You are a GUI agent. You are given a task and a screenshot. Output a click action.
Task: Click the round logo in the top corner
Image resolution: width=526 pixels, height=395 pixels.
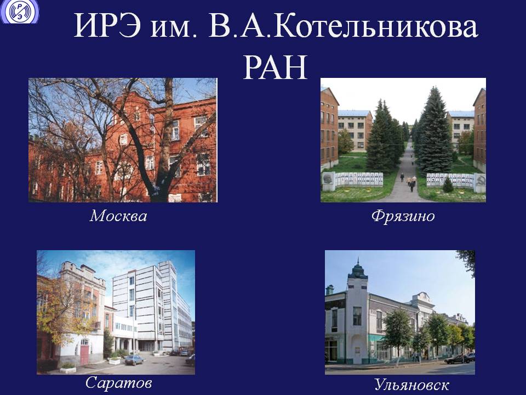pos(20,11)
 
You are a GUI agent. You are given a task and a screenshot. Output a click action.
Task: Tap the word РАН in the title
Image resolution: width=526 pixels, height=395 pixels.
pos(275,67)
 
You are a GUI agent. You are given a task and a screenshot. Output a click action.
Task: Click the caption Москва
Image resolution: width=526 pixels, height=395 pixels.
pos(118,216)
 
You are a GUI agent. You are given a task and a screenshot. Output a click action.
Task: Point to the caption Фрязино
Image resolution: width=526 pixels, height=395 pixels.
pos(403,216)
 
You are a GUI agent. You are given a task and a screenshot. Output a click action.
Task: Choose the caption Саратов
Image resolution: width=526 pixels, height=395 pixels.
pos(118,382)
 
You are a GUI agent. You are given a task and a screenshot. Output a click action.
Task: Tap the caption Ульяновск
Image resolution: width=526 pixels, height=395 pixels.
pos(411,385)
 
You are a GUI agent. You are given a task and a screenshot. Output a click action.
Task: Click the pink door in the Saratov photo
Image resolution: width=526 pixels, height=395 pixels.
pos(84,355)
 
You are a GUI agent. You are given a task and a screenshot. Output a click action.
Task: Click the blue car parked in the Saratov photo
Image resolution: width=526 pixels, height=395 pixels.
pos(134,360)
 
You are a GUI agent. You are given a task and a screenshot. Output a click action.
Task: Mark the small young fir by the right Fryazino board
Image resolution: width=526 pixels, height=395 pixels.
pos(448,184)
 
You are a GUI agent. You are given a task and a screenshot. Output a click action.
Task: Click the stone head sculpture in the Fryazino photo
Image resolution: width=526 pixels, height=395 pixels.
pos(328,182)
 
